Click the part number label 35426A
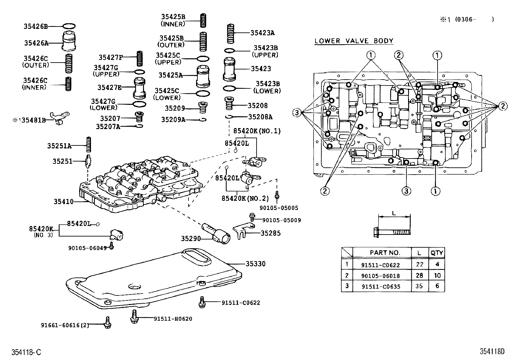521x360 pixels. (x=36, y=43)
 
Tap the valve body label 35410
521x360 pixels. (x=63, y=202)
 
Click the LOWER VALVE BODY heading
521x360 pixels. (x=354, y=41)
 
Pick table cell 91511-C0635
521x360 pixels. (x=381, y=287)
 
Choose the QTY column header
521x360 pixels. (x=437, y=253)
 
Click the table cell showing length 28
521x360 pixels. (x=419, y=275)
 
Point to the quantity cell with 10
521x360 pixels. (x=437, y=275)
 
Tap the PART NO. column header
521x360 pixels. (x=385, y=253)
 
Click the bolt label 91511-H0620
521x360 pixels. (x=173, y=318)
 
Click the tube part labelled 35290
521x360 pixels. (x=217, y=233)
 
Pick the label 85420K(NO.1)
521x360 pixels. (x=257, y=131)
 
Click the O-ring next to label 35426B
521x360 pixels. (x=69, y=26)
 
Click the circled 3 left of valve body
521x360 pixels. (x=296, y=113)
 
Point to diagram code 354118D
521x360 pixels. (x=492, y=352)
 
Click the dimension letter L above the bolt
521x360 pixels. (x=394, y=213)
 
